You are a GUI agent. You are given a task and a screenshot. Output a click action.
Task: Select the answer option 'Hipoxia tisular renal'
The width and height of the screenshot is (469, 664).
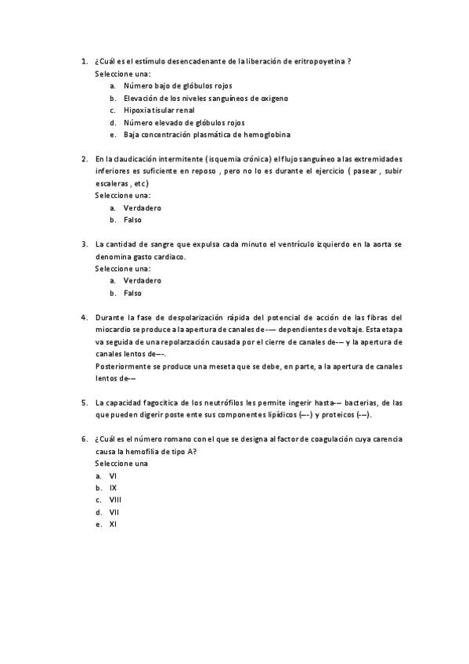(159, 110)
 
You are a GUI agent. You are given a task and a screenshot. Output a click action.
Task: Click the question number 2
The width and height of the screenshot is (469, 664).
(84, 158)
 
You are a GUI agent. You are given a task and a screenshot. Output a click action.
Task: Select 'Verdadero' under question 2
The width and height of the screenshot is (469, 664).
(142, 207)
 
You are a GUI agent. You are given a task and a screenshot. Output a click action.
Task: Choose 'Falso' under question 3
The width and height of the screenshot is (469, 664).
(132, 293)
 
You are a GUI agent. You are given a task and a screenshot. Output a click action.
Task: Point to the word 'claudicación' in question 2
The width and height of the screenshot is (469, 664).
(135, 158)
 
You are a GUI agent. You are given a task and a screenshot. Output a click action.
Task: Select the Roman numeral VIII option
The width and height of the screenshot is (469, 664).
(115, 500)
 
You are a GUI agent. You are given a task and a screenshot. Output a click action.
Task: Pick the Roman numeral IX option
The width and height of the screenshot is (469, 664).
(113, 487)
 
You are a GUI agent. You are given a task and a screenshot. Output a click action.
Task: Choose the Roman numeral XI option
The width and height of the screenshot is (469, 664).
(113, 524)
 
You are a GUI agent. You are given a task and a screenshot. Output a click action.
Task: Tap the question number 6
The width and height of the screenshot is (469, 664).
(84, 439)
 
